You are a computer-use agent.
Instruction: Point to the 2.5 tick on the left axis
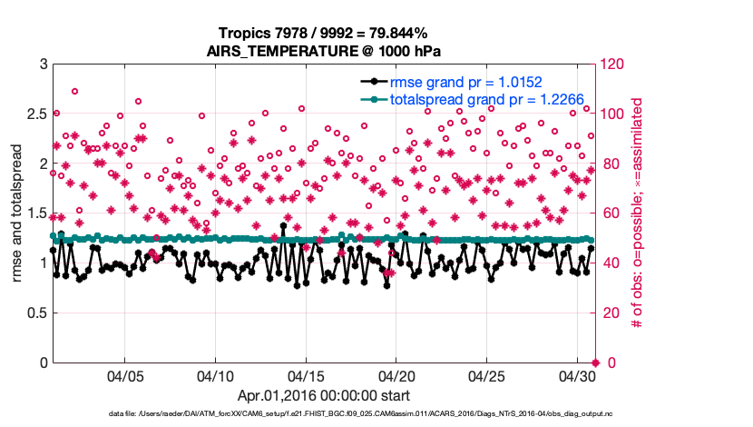coord(36,114)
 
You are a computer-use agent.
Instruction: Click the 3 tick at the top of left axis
coord(43,65)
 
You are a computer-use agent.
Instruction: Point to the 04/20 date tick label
coord(396,376)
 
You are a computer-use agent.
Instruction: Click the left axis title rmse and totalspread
coord(17,213)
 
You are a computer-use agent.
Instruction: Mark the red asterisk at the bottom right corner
coord(595,362)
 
